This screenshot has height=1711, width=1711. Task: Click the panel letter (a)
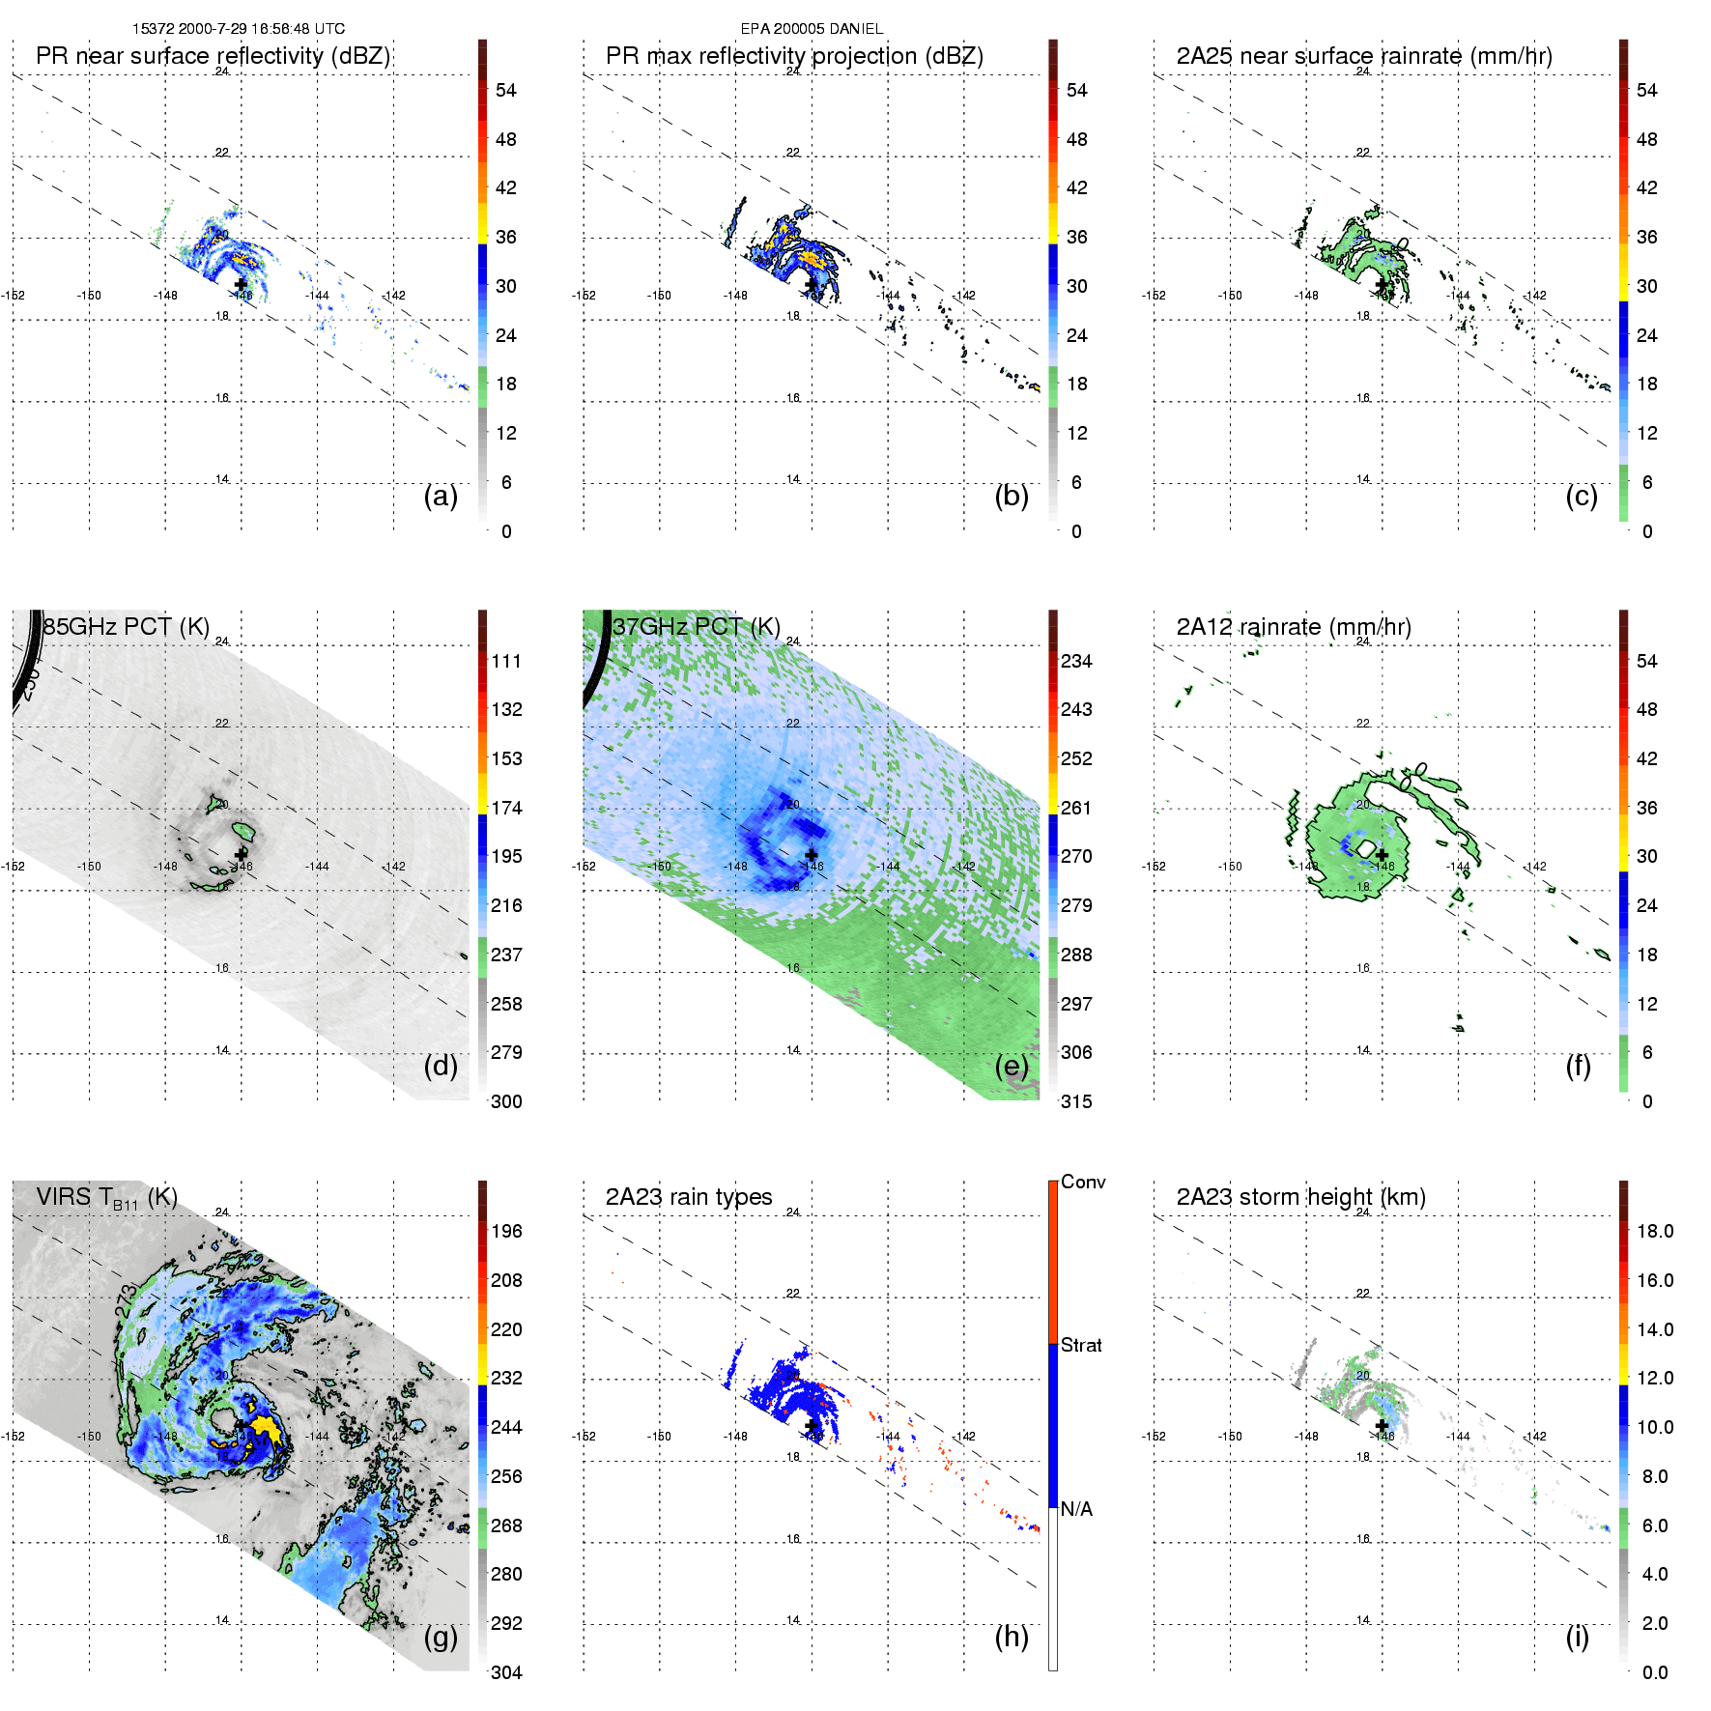tap(441, 497)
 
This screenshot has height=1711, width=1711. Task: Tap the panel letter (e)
tap(1012, 1067)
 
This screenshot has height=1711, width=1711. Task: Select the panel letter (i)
tap(1577, 1637)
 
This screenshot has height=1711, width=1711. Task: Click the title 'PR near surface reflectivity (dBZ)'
tap(213, 56)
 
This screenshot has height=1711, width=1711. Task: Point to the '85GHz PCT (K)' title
tap(126, 626)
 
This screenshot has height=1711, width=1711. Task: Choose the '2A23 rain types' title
tap(688, 1197)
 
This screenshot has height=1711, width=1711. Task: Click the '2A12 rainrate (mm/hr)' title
tap(1293, 626)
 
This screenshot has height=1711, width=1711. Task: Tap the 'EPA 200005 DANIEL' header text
tap(812, 29)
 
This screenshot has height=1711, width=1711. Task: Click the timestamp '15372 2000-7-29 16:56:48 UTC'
tap(239, 29)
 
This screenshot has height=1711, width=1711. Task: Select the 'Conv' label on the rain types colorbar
tap(1082, 1182)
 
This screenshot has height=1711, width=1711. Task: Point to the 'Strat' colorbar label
tap(1081, 1345)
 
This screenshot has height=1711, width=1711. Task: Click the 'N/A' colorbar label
tap(1076, 1509)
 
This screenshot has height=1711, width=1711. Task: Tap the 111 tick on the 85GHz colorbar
tap(506, 661)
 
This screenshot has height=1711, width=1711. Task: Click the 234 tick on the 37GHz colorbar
tap(1076, 661)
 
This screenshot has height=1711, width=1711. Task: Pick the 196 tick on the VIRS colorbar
tap(506, 1231)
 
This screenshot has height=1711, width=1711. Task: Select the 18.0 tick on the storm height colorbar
tap(1654, 1231)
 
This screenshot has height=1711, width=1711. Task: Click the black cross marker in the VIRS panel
tap(242, 1426)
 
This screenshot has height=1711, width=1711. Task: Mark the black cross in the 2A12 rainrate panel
tap(1382, 855)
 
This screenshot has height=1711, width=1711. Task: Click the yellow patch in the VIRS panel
tap(265, 1427)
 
